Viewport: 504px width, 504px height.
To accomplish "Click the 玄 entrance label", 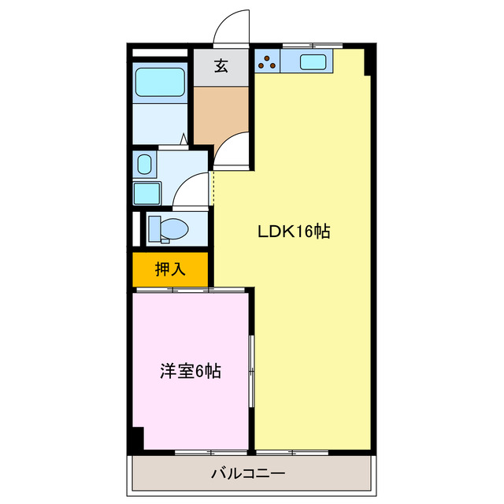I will point(221,67).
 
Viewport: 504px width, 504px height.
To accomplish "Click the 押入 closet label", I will point(170,269).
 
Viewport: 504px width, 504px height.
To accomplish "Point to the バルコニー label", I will point(248,474).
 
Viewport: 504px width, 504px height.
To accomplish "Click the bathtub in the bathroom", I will point(160,83).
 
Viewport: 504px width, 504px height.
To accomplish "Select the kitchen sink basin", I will point(313,62).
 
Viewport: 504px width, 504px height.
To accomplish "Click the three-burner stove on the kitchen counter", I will point(268,61).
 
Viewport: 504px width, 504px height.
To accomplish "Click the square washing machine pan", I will point(146,194).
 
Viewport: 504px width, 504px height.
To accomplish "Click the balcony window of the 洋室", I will point(194,452).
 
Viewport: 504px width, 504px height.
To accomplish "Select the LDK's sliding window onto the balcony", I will point(293,452).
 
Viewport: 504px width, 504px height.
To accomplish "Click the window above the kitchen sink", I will point(309,45).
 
